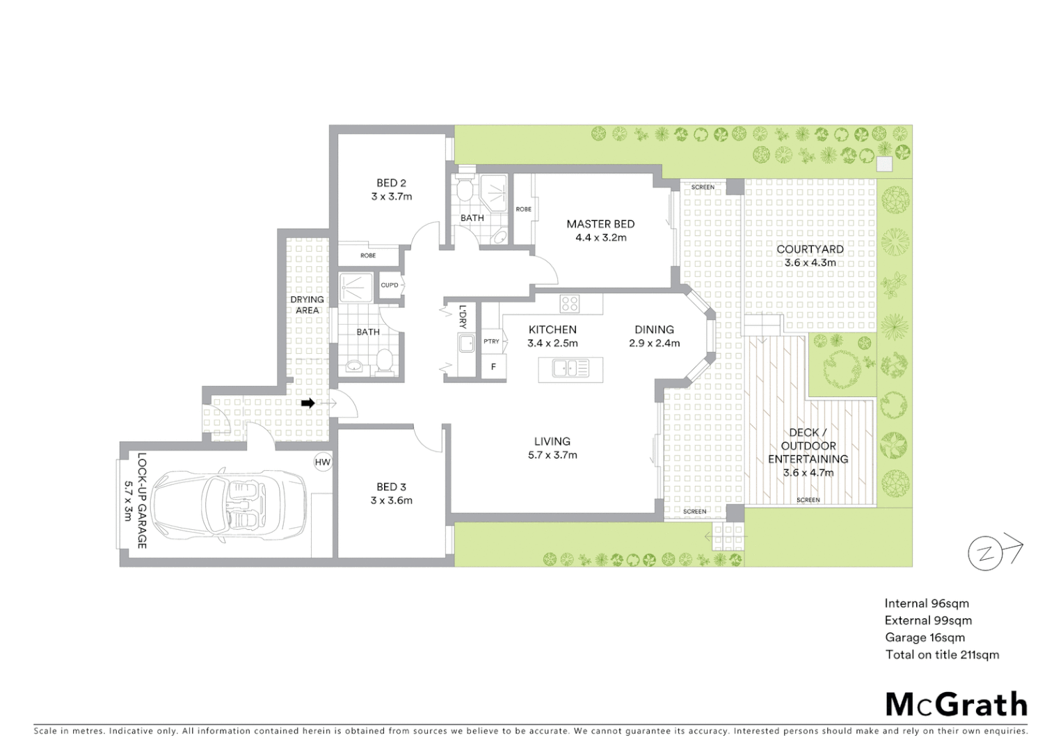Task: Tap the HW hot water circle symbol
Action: (x=323, y=462)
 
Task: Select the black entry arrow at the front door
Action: (x=307, y=403)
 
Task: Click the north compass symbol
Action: (x=986, y=554)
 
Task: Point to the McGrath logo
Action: (x=956, y=704)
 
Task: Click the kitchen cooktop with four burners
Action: (x=570, y=303)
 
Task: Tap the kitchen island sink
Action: (x=570, y=368)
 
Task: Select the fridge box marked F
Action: (x=494, y=366)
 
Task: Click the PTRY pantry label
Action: (x=492, y=341)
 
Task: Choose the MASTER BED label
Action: (x=600, y=224)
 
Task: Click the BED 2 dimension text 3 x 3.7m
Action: (x=392, y=197)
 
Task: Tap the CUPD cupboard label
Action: (x=390, y=285)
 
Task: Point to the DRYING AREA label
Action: (x=307, y=305)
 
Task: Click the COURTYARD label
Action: (x=810, y=249)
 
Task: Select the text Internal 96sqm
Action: (x=927, y=604)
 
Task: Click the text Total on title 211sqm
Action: (x=942, y=654)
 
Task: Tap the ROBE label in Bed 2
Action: (x=368, y=256)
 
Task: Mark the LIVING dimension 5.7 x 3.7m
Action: (x=552, y=455)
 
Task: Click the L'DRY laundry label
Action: (x=463, y=317)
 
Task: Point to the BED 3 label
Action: (x=391, y=487)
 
